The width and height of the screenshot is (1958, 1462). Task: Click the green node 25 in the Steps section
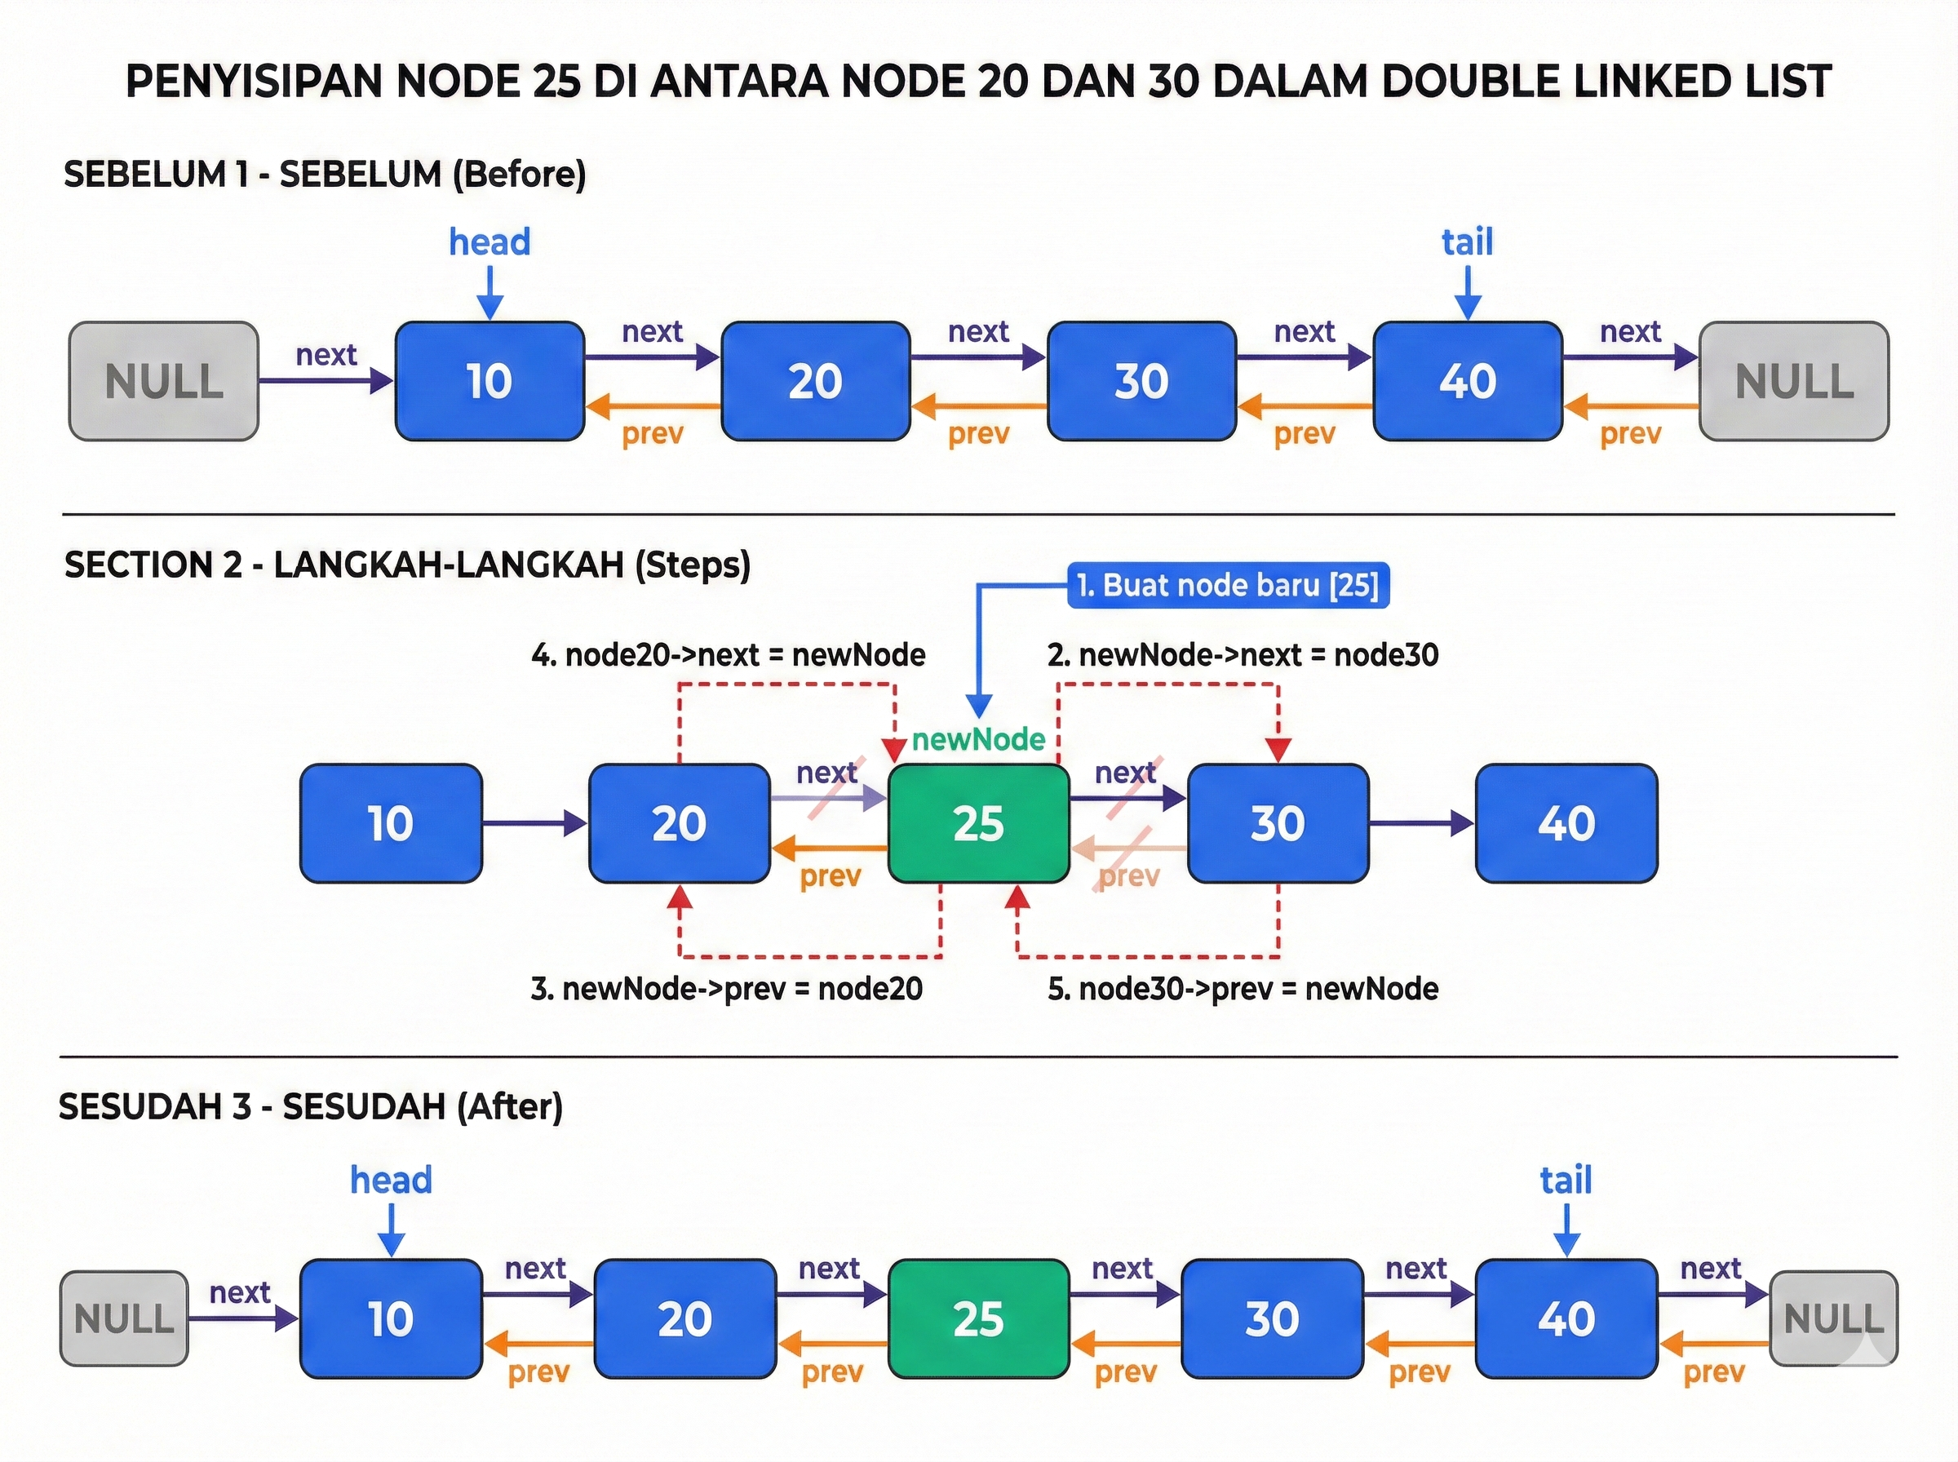click(x=978, y=823)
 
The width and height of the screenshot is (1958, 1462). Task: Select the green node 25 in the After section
click(x=978, y=1318)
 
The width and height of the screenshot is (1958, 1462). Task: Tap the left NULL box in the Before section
click(x=164, y=380)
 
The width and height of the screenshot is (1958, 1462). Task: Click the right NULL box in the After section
click(x=1833, y=1318)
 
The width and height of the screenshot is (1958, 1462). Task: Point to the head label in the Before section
click(x=489, y=241)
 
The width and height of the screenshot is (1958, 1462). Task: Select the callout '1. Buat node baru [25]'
click(x=1228, y=585)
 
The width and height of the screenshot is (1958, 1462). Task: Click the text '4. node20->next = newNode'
click(x=729, y=655)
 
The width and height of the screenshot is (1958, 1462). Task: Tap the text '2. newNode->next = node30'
click(x=1243, y=655)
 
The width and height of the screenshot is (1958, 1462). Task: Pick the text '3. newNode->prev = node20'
click(x=726, y=989)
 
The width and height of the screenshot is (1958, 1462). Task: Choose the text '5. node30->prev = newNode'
click(x=1243, y=989)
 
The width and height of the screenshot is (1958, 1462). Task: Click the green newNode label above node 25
click(x=978, y=740)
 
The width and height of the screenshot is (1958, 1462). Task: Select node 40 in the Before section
click(x=1467, y=380)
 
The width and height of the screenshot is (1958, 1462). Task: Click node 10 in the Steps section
click(x=390, y=823)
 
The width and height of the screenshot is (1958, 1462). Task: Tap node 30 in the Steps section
click(x=1278, y=823)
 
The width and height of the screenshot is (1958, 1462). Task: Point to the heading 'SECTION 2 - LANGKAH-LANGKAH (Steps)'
click(x=407, y=565)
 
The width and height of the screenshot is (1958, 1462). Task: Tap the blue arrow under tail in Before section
click(x=1467, y=293)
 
